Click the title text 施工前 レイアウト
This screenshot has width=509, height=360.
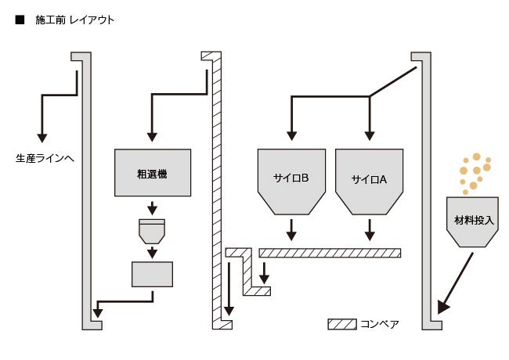pos(75,20)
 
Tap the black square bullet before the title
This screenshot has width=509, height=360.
pos(20,20)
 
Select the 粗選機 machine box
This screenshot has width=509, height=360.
pos(152,173)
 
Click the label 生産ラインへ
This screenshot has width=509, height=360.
pos(45,158)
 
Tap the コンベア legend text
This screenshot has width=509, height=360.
pos(380,323)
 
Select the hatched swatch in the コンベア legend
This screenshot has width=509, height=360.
pos(341,323)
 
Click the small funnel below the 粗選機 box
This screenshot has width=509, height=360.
pos(152,231)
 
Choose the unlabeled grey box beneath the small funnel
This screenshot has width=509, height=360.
pos(152,274)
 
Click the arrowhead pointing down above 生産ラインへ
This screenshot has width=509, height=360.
pos(38,138)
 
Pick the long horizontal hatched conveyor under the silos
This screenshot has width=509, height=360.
pos(330,253)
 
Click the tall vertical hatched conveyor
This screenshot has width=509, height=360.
pos(217,188)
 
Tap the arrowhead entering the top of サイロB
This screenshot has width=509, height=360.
pos(291,138)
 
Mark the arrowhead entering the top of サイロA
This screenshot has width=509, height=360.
pos(370,138)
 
